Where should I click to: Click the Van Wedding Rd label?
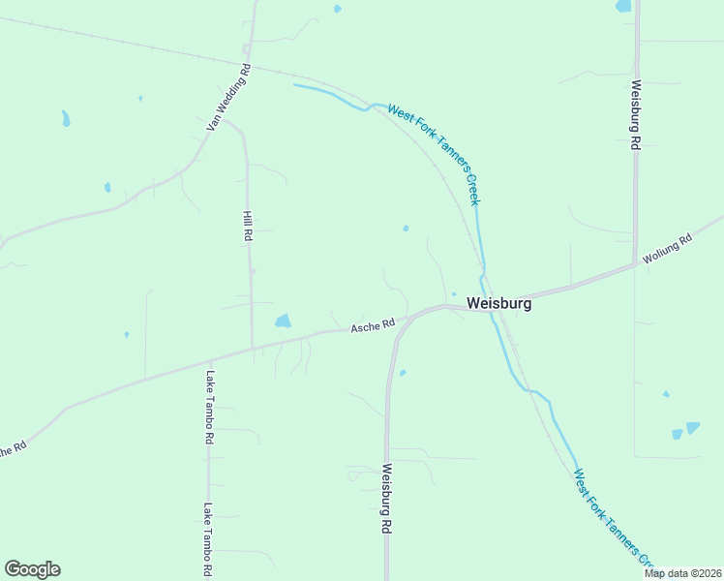[228, 98]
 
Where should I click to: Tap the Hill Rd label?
[248, 226]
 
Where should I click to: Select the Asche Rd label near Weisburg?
[374, 326]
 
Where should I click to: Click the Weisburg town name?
[498, 303]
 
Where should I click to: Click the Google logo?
[32, 569]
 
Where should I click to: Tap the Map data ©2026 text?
[681, 573]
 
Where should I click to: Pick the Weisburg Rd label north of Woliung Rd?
[636, 114]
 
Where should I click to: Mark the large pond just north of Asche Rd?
[283, 321]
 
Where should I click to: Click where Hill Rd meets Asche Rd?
[253, 347]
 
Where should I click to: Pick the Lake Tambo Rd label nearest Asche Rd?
[209, 406]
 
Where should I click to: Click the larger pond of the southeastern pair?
[692, 427]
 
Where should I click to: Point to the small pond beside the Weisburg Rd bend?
[403, 372]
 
